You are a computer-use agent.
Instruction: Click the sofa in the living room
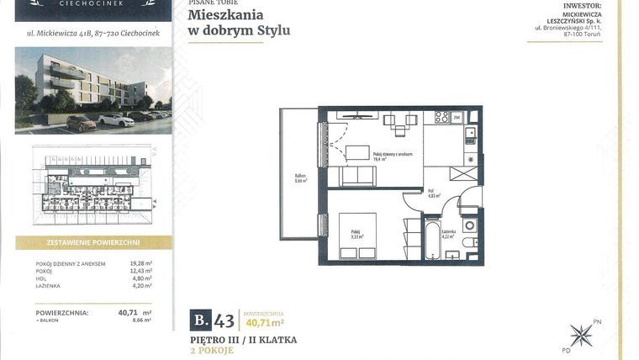(x=356, y=175)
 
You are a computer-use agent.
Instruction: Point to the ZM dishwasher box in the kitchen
(x=457, y=119)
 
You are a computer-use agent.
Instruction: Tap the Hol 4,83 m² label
(x=430, y=193)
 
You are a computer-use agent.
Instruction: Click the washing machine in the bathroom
(x=469, y=225)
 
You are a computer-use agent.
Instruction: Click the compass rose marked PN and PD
(x=581, y=334)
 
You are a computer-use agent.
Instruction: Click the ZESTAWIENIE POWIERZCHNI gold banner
(x=93, y=242)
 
